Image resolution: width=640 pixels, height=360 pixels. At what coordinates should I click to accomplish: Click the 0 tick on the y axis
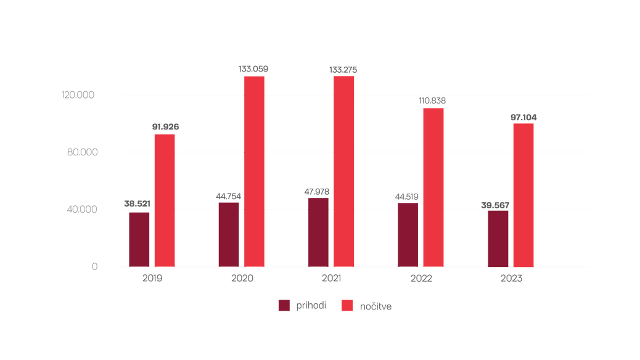(x=94, y=266)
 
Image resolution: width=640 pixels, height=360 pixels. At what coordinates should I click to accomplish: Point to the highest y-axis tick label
(x=78, y=95)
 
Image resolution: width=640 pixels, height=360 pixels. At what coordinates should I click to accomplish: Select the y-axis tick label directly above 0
(x=82, y=210)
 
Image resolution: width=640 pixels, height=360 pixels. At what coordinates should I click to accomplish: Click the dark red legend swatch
(x=284, y=305)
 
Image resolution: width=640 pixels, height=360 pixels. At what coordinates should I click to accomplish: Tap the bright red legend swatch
(x=347, y=305)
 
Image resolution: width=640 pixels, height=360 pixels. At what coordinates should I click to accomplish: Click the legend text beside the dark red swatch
(x=311, y=305)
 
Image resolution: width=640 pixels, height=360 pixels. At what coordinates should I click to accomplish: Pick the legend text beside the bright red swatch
(x=375, y=306)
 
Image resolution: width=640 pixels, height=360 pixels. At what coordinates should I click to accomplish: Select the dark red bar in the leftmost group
(x=139, y=239)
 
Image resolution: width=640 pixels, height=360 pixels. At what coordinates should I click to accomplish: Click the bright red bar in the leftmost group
(x=165, y=200)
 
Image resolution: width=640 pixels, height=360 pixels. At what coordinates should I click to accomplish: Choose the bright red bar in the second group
(x=254, y=171)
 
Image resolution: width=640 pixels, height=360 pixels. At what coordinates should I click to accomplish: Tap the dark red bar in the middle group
(x=318, y=232)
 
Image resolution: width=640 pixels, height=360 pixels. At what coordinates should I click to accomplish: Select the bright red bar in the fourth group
(x=433, y=187)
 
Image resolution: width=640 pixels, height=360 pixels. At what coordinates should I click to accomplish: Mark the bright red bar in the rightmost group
(x=523, y=195)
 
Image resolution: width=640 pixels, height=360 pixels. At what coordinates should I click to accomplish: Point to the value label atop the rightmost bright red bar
(x=524, y=117)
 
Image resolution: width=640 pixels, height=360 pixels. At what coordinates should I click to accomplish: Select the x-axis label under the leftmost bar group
(x=152, y=279)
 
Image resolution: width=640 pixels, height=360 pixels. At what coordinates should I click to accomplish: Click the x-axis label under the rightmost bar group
(x=511, y=279)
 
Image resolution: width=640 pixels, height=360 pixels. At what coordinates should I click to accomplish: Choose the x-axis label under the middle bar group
(x=331, y=279)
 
